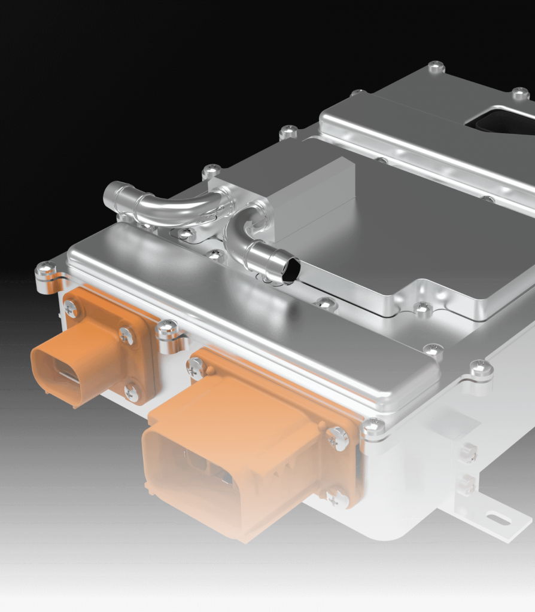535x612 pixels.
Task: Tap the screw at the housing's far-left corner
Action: (x=45, y=270)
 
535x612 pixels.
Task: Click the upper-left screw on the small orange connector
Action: (x=71, y=309)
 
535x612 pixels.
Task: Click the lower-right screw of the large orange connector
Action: (x=338, y=497)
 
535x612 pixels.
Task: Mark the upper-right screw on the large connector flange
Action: (x=338, y=439)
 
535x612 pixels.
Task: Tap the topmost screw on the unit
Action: (x=436, y=66)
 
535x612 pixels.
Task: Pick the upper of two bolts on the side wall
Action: (x=469, y=452)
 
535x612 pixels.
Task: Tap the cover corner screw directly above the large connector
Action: (x=373, y=426)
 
